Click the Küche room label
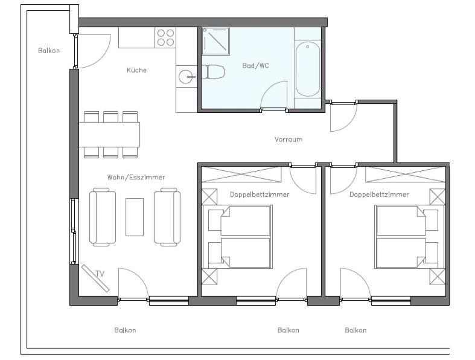click(136, 70)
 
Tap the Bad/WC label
click(256, 65)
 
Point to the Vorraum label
click(289, 140)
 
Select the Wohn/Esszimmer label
click(136, 177)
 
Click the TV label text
click(100, 274)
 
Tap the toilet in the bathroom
click(213, 72)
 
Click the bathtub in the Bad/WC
click(307, 69)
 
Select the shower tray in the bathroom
click(215, 41)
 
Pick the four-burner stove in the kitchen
click(165, 37)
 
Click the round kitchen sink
click(186, 77)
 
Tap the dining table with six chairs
click(109, 135)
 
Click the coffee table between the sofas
click(135, 217)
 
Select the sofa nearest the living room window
click(103, 217)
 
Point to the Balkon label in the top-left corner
click(49, 51)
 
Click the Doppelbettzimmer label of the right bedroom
click(379, 194)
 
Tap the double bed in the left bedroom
click(240, 237)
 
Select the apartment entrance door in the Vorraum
click(343, 117)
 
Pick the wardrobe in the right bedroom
click(406, 175)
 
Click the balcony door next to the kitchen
click(92, 51)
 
